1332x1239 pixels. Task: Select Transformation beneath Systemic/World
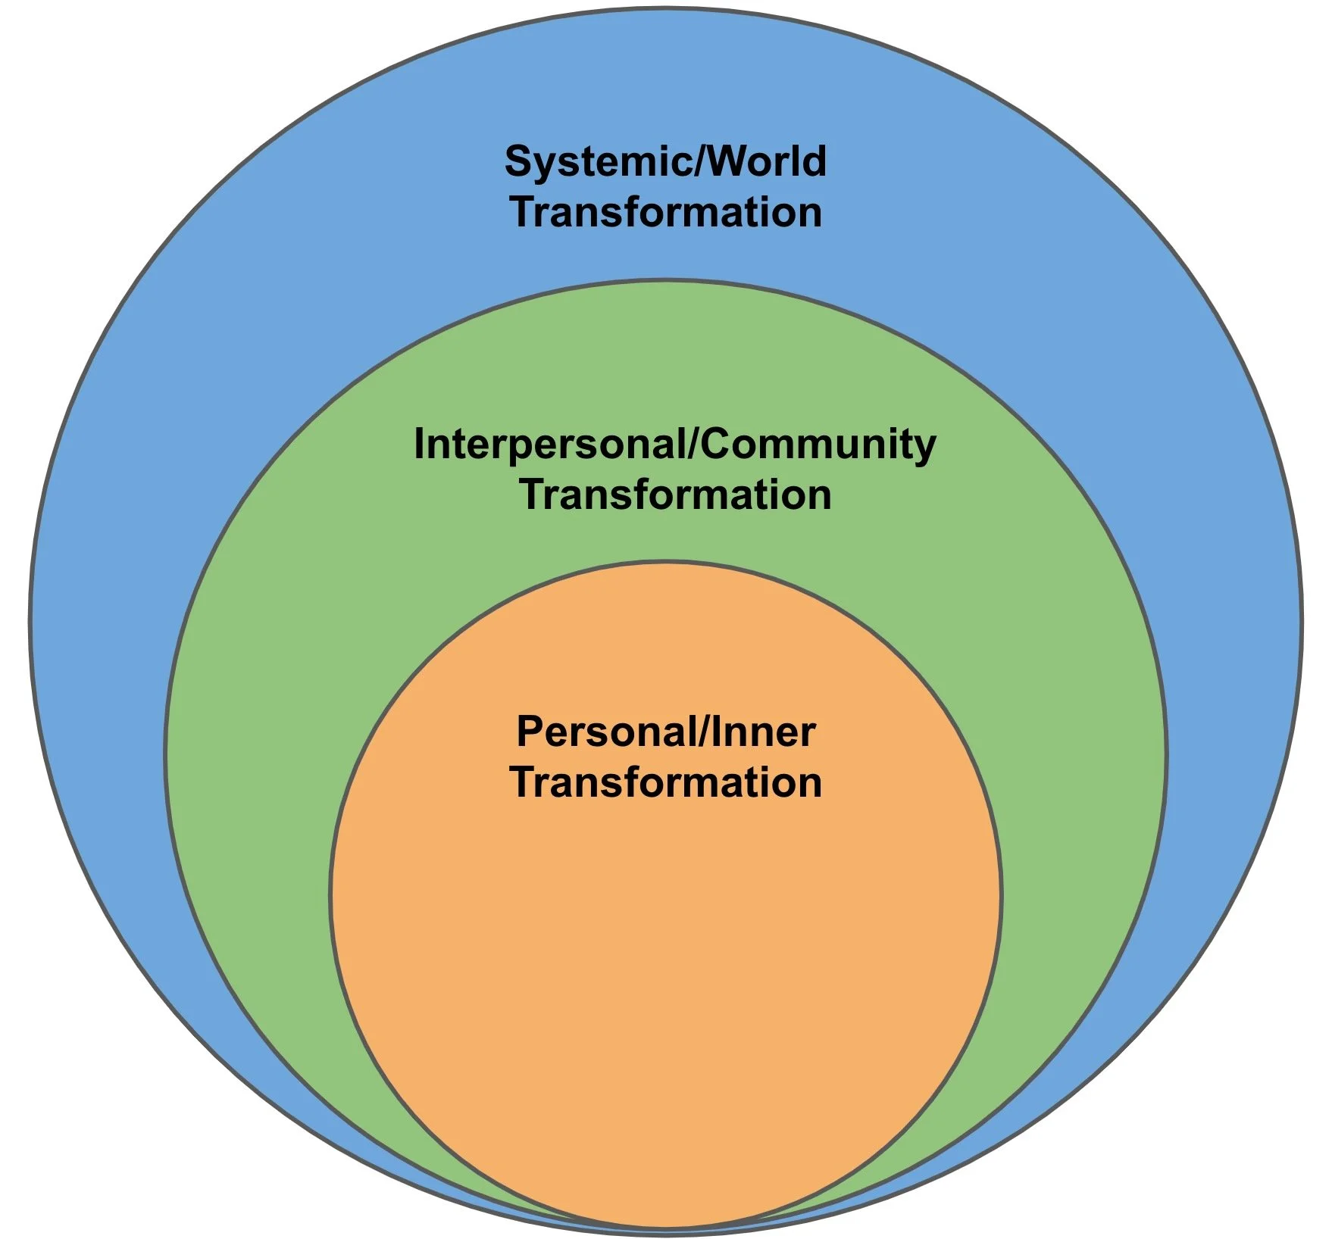pyautogui.click(x=667, y=212)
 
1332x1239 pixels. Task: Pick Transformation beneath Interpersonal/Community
pyautogui.click(x=675, y=495)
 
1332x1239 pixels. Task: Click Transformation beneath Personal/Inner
pyautogui.click(x=667, y=782)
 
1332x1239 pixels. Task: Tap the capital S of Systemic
pyautogui.click(x=518, y=161)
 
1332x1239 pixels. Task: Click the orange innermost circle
pyautogui.click(x=667, y=985)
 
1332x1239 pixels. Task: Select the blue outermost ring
pyautogui.click(x=98, y=606)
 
